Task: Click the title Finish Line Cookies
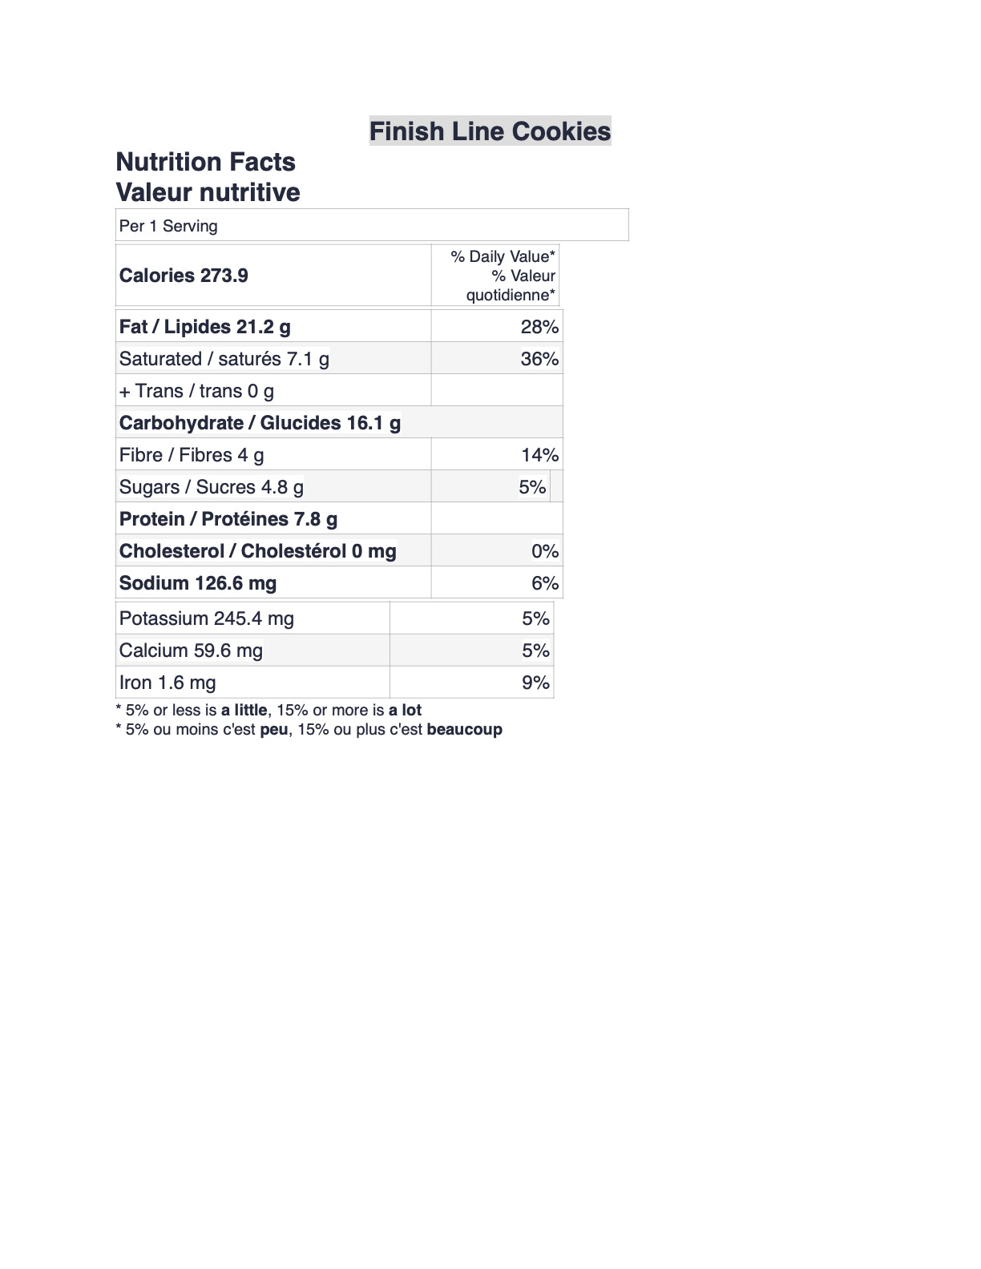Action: click(490, 131)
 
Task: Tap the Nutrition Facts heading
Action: click(205, 162)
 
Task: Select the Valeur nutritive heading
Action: click(208, 192)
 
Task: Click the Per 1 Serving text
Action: click(168, 226)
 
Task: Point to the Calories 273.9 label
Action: click(184, 276)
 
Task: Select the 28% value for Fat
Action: click(539, 327)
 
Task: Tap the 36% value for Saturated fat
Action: click(539, 359)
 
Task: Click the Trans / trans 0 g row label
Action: click(196, 391)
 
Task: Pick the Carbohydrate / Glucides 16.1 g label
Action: click(260, 423)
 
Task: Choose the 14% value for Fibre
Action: click(539, 455)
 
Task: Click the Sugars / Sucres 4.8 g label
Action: click(212, 487)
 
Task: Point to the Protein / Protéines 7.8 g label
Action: click(228, 519)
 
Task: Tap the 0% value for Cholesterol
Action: click(545, 551)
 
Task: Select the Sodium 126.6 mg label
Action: click(198, 583)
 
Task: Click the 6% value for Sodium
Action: click(545, 583)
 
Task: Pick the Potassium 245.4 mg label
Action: click(207, 618)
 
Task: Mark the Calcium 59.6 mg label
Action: click(191, 651)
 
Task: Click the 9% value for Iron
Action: click(535, 683)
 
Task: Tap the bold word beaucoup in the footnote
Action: click(465, 730)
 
